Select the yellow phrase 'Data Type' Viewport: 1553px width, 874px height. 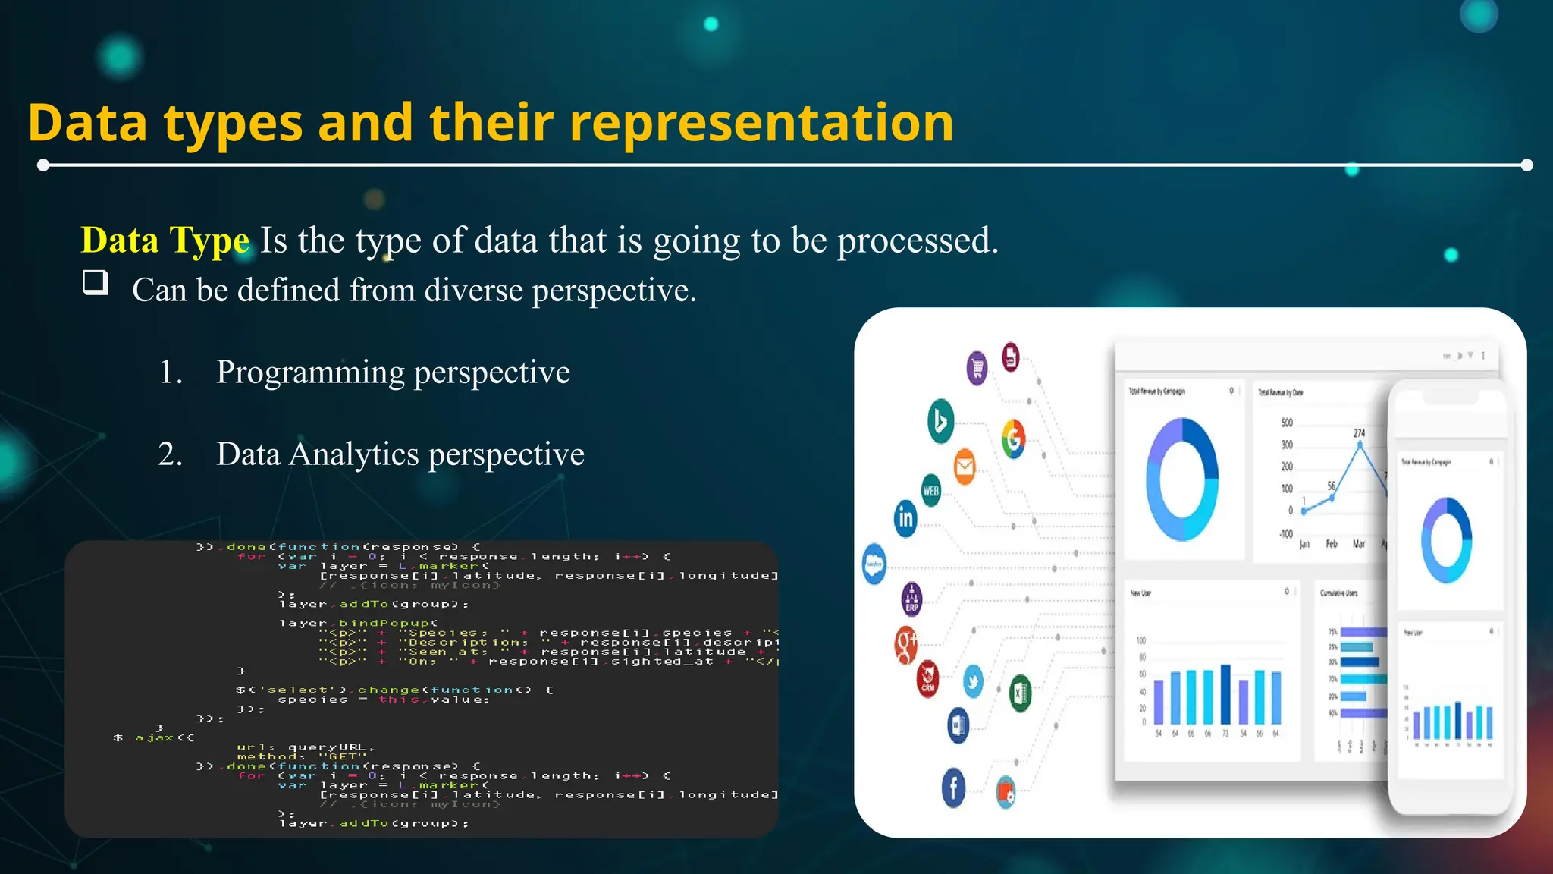[165, 241]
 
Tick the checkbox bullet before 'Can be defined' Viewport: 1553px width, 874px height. [96, 283]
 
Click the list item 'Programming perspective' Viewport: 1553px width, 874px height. [392, 373]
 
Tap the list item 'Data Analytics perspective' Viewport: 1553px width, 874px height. [400, 454]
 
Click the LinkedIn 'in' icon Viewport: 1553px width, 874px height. [905, 518]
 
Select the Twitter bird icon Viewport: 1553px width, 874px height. [973, 681]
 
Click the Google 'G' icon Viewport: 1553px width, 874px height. [1013, 439]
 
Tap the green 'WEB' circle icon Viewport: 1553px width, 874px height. [930, 490]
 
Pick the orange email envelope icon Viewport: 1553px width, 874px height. [965, 466]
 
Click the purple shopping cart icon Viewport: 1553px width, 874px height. [977, 369]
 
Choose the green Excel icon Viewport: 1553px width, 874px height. [1020, 693]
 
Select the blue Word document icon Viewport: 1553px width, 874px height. [958, 725]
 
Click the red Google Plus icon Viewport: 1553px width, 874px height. [906, 644]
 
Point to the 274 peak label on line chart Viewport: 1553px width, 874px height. [1359, 433]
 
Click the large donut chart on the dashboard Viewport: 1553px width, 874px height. [1182, 479]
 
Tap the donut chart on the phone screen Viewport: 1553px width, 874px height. [1446, 540]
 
